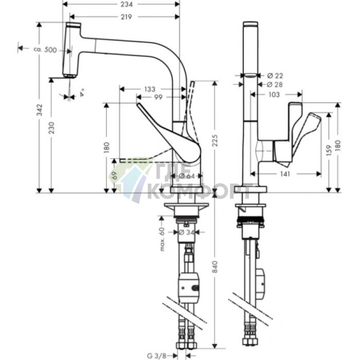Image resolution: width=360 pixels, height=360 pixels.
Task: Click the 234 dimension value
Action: coord(127,4)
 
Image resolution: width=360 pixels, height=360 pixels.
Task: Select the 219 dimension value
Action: coord(126,17)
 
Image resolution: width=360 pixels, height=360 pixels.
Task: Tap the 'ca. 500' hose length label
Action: coord(45,50)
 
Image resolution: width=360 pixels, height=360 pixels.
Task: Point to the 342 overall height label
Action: coord(39,110)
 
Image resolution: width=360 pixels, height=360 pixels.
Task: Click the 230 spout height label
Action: coord(52,128)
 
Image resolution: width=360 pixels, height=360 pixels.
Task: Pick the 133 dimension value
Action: coord(150,89)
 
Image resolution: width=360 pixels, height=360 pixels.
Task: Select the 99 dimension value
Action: coord(158,97)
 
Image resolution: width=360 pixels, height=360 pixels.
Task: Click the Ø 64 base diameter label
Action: coord(187,176)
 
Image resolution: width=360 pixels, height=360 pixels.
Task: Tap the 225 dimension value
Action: coord(215,140)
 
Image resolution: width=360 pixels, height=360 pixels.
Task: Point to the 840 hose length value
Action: coord(215,266)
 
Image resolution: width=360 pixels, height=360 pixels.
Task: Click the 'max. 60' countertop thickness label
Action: coord(162,239)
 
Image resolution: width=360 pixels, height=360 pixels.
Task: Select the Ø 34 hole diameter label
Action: coord(187,232)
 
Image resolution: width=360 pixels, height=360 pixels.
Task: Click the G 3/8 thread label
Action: coord(157,356)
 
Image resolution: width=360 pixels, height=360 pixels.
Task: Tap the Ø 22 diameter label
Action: coord(275,75)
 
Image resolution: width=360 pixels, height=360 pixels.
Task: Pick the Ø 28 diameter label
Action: coord(275,84)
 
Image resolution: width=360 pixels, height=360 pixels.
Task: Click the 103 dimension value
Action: coord(274,94)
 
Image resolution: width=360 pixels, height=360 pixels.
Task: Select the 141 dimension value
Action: coord(285,173)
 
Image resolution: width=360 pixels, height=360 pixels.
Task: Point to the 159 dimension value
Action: coord(329,150)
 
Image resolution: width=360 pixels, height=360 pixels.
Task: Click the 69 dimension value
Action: coord(115,175)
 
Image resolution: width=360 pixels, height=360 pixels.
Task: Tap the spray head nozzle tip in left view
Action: coord(70,76)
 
